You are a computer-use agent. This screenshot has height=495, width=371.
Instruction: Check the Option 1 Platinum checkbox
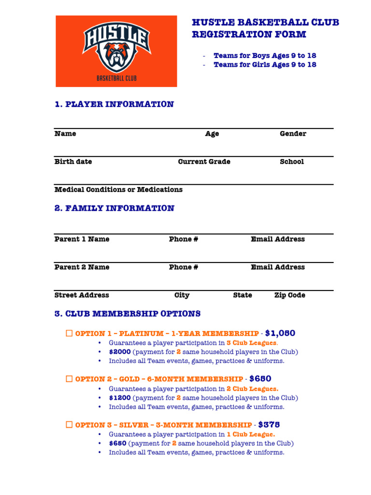pos(69,334)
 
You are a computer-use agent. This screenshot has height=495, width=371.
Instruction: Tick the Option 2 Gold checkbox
pos(69,379)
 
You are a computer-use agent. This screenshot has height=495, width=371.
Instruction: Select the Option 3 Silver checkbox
pos(69,425)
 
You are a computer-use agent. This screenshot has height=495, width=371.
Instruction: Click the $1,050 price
pos(280,333)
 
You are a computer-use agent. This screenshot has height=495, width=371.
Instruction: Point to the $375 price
pos(269,424)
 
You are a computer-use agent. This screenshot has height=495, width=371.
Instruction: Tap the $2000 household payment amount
pos(120,352)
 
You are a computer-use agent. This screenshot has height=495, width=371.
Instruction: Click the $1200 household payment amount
pos(120,398)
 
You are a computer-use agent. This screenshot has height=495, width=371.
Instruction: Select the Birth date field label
pos(73,161)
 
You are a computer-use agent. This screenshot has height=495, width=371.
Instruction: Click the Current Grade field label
pos(204,161)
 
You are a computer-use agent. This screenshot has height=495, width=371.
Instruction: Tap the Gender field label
pos(293,133)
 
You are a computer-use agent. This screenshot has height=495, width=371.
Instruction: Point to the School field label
pos(292,161)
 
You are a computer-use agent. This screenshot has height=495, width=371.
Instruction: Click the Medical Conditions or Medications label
pos(118,189)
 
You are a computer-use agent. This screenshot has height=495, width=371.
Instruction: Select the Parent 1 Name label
pos(82,239)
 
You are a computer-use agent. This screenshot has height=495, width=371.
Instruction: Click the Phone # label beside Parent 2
pos(183,267)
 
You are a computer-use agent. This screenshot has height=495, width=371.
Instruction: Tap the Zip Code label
pos(289,295)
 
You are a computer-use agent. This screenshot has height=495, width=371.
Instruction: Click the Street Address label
pos(82,295)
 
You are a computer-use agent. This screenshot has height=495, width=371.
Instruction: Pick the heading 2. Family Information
pos(114,208)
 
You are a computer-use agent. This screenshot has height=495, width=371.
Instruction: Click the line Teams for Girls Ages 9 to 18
pos(265,64)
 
